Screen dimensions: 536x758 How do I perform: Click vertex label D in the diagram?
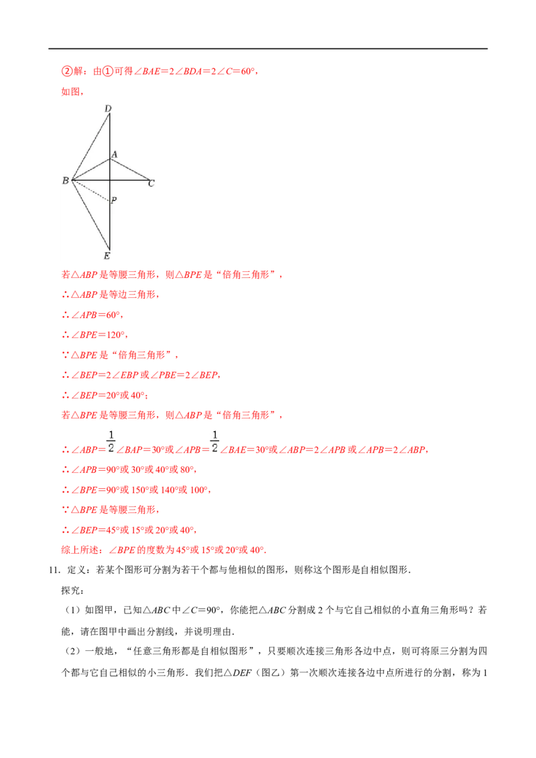[x=108, y=108]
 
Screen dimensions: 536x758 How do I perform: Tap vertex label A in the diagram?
[x=115, y=155]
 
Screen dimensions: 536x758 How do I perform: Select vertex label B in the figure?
[x=65, y=181]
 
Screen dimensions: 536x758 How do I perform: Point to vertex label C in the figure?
[x=151, y=183]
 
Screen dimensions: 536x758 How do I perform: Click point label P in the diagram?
[x=114, y=200]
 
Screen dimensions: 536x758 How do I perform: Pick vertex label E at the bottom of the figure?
[x=107, y=256]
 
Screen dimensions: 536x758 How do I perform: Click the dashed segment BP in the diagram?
[x=90, y=190]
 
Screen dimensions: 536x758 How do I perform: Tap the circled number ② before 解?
[x=66, y=72]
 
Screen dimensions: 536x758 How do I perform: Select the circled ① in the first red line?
[x=107, y=72]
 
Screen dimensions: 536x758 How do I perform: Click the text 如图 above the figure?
[x=70, y=92]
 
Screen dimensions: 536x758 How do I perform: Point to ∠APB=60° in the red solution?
[x=95, y=315]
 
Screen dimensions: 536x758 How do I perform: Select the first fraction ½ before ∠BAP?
[x=111, y=441]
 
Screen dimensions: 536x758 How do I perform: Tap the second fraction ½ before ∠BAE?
[x=215, y=441]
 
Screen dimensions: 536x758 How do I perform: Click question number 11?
[x=54, y=570]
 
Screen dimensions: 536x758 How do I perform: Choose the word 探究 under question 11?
[x=70, y=590]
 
